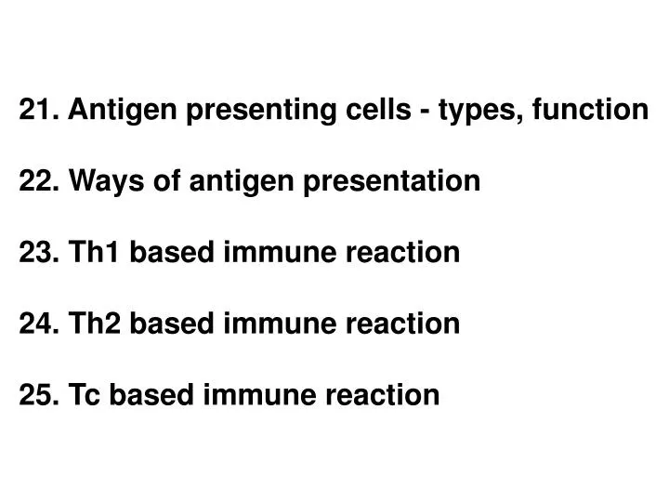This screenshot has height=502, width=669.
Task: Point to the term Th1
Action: [x=96, y=252]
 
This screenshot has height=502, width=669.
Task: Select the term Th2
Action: [x=96, y=324]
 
